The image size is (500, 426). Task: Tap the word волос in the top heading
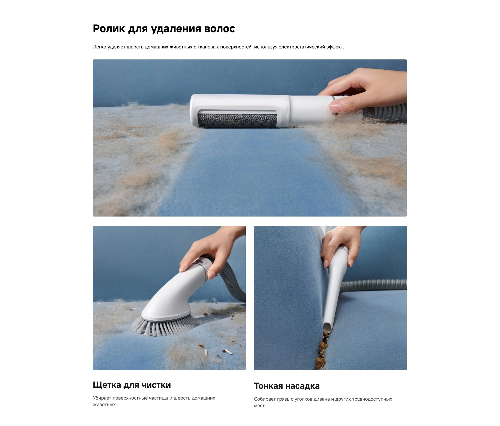(220, 29)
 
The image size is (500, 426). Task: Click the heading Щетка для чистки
(132, 385)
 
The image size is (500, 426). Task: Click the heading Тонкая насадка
(287, 386)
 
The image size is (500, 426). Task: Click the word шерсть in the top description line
(135, 47)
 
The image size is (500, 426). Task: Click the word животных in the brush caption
(105, 405)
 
